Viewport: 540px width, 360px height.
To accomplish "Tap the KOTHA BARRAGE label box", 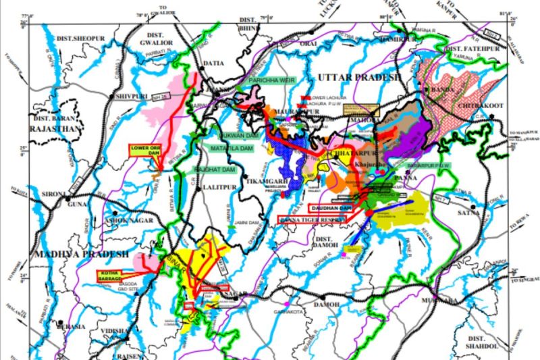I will coord(110,275).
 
